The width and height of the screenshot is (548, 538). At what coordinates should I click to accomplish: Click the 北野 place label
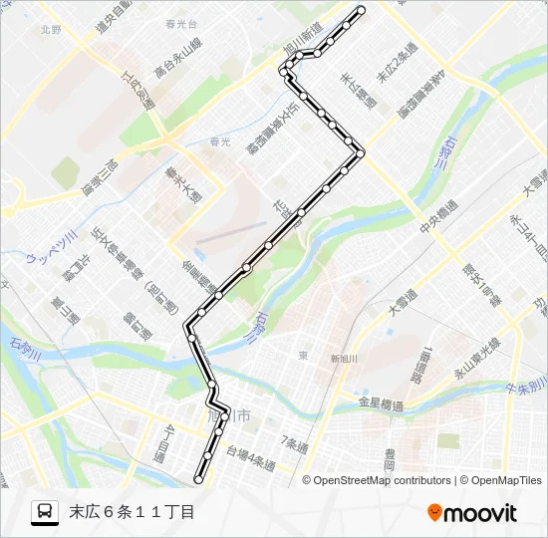point(52,31)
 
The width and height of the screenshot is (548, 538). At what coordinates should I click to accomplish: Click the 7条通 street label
point(296,440)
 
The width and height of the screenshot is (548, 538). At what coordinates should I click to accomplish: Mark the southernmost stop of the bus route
point(198,479)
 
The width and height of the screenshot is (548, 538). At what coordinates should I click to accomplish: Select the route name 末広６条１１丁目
point(131,513)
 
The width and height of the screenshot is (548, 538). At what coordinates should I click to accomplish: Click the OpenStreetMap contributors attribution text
point(383,480)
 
